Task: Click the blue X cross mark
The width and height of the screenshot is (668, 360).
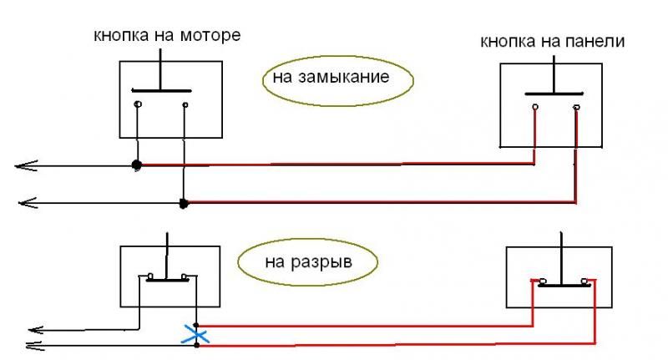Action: [195, 337]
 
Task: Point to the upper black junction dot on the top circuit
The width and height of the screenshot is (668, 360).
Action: [137, 165]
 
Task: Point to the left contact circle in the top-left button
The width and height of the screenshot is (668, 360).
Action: [137, 105]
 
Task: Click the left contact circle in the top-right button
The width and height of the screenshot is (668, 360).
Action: [532, 108]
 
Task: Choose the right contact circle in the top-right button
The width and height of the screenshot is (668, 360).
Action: [575, 108]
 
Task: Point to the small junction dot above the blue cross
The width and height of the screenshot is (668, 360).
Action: [195, 325]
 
